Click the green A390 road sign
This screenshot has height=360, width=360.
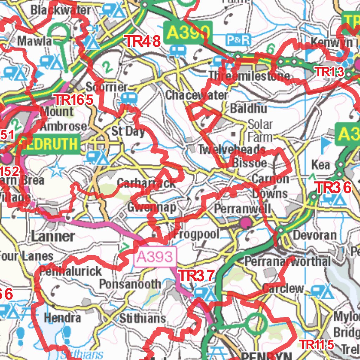pyautogui.click(x=188, y=32)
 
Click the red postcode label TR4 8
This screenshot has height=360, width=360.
pyautogui.click(x=143, y=41)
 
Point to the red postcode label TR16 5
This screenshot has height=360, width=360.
pyautogui.click(x=73, y=100)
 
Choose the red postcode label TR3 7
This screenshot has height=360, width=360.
pyautogui.click(x=196, y=276)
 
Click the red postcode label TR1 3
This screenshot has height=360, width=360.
pyautogui.click(x=329, y=72)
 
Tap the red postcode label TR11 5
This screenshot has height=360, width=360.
pyautogui.click(x=316, y=345)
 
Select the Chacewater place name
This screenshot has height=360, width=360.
pyautogui.click(x=196, y=95)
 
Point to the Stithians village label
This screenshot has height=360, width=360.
pyautogui.click(x=142, y=319)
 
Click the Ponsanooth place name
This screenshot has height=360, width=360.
pyautogui.click(x=130, y=284)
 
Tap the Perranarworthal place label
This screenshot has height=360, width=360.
pyautogui.click(x=287, y=261)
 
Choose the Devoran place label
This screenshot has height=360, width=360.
pyautogui.click(x=314, y=235)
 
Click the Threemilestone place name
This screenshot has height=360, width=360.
pyautogui.click(x=249, y=76)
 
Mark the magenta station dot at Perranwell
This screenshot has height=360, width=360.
pyautogui.click(x=245, y=222)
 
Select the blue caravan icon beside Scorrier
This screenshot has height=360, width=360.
pyautogui.click(x=128, y=98)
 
